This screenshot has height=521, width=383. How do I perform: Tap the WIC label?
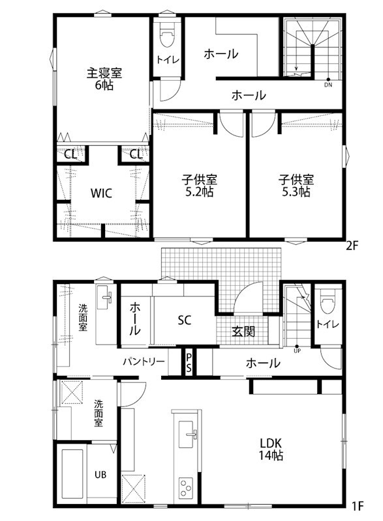click(x=101, y=193)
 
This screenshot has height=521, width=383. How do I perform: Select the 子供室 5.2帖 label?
click(x=200, y=186)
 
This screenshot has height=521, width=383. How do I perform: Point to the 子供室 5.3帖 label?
click(x=296, y=186)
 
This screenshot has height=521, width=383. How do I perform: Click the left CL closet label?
click(x=69, y=155)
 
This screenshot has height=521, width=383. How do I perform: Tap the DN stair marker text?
click(x=328, y=84)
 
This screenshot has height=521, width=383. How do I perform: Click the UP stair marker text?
click(x=297, y=350)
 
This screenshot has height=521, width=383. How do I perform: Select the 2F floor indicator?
click(x=352, y=246)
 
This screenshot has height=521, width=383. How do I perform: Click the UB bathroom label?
click(x=101, y=474)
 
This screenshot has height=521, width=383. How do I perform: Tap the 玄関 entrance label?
click(x=243, y=331)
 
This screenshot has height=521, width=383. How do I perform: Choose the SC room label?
click(x=184, y=320)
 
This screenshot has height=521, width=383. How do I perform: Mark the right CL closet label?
click(x=135, y=155)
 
